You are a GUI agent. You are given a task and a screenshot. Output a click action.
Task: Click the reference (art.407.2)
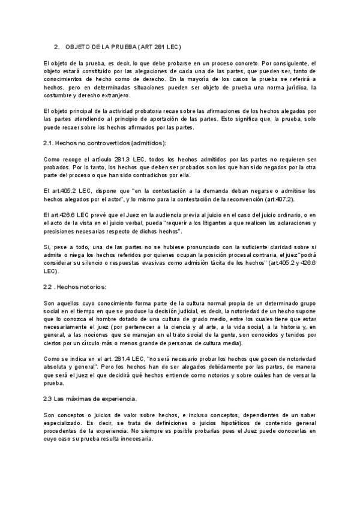click(293, 199)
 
